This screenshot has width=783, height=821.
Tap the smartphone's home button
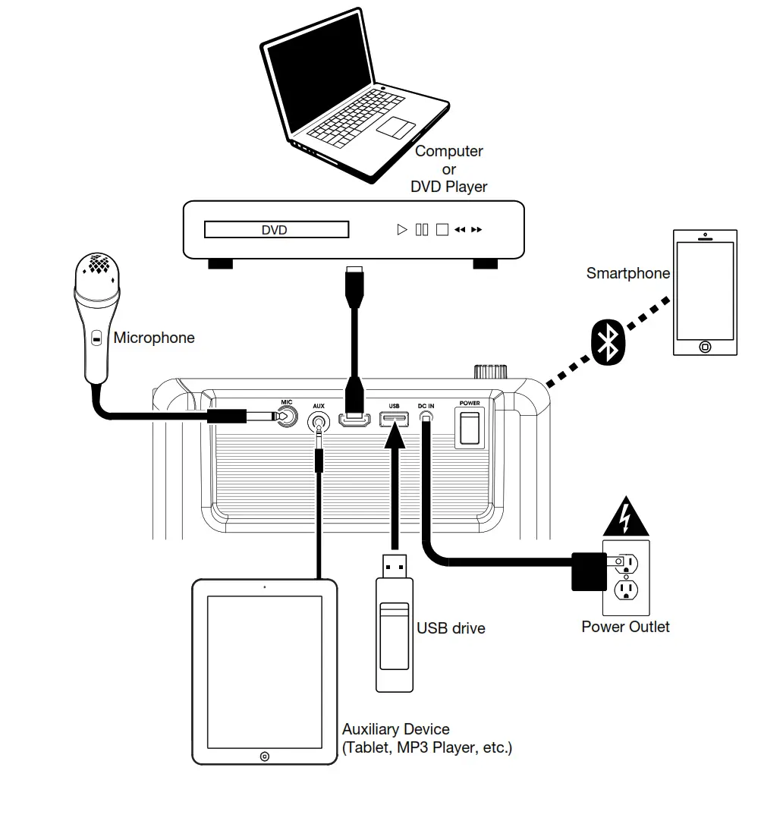705,347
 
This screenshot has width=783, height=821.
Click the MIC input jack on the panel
286,416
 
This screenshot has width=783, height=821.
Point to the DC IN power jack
426,418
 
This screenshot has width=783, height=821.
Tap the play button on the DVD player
402,230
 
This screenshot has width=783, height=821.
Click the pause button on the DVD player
423,230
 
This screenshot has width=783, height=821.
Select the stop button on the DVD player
442,230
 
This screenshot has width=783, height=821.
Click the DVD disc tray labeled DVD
275,230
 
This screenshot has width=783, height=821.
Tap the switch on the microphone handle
96,338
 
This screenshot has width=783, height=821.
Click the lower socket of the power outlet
627,590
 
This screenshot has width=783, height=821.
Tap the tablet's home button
264,756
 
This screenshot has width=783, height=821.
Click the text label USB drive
451,628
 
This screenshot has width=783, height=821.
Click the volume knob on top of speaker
491,372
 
